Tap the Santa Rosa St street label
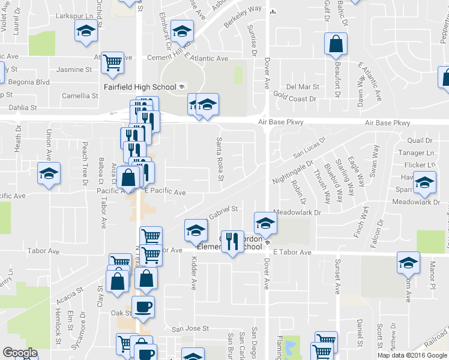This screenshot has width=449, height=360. tap(220, 159)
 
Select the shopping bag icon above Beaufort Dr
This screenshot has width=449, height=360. tap(336, 44)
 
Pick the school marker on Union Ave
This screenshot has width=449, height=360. tap(49, 174)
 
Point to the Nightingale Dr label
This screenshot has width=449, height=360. tap(294, 171)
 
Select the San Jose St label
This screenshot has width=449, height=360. tap(190, 329)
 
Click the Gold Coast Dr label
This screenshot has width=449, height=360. tap(295, 97)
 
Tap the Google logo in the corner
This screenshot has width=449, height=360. tap(20, 353)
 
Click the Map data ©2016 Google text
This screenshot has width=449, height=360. tap(412, 355)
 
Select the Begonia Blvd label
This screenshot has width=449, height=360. tap(26, 82)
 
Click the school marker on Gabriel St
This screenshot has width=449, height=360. tap(195, 230)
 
